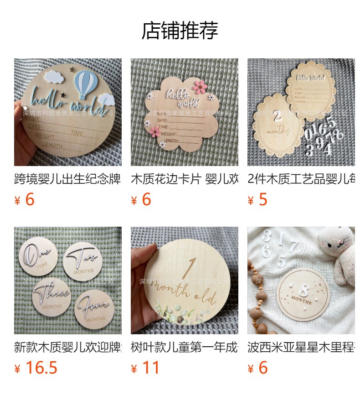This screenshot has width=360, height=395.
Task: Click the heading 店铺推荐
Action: click(180, 31)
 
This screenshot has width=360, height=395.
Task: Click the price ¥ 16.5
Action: click(36, 368)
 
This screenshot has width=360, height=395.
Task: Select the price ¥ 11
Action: click(145, 368)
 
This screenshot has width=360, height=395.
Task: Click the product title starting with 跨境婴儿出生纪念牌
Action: click(67, 179)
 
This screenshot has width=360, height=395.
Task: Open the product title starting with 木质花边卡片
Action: click(184, 179)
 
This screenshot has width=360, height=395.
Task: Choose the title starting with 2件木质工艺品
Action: click(301, 179)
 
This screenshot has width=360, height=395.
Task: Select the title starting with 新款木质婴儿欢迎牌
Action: click(67, 347)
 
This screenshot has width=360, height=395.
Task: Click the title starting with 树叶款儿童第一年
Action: click(184, 347)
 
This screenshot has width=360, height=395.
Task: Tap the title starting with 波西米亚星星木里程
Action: click(301, 347)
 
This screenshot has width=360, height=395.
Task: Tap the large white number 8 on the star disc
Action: click(304, 292)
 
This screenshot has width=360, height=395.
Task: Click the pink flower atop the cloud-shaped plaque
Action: click(200, 87)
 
